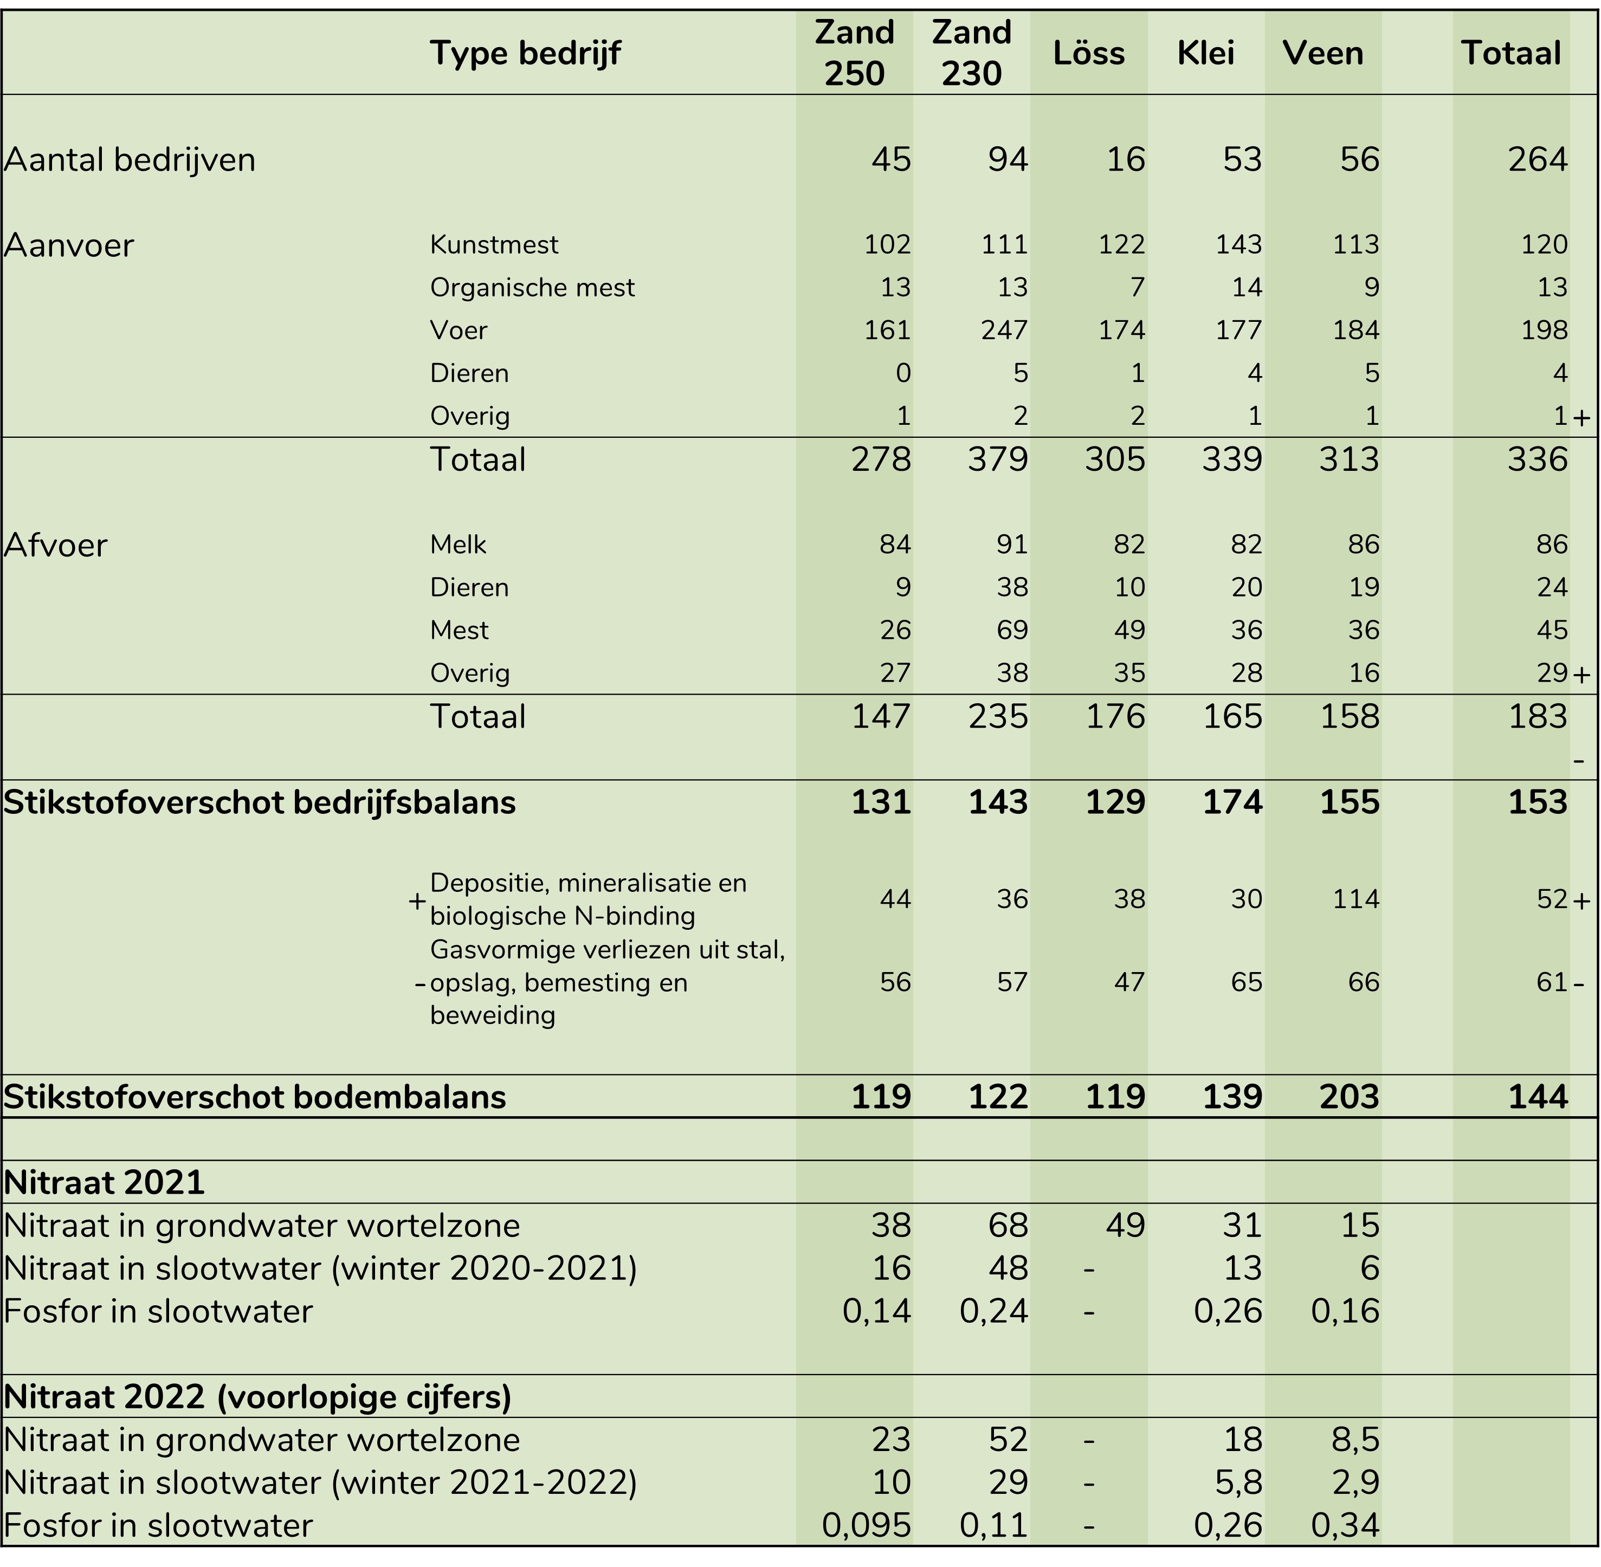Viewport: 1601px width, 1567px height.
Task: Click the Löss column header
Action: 1088,54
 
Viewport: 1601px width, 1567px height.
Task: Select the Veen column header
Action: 1323,54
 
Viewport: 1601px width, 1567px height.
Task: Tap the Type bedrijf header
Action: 525,54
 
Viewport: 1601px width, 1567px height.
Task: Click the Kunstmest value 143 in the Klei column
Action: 1239,244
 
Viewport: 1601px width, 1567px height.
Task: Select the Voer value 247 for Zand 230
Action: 1004,330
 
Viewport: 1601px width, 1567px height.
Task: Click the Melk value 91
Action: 1012,544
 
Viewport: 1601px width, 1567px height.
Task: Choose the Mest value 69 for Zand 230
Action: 1012,630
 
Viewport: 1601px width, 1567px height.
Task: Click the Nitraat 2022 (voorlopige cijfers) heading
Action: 257,1397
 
